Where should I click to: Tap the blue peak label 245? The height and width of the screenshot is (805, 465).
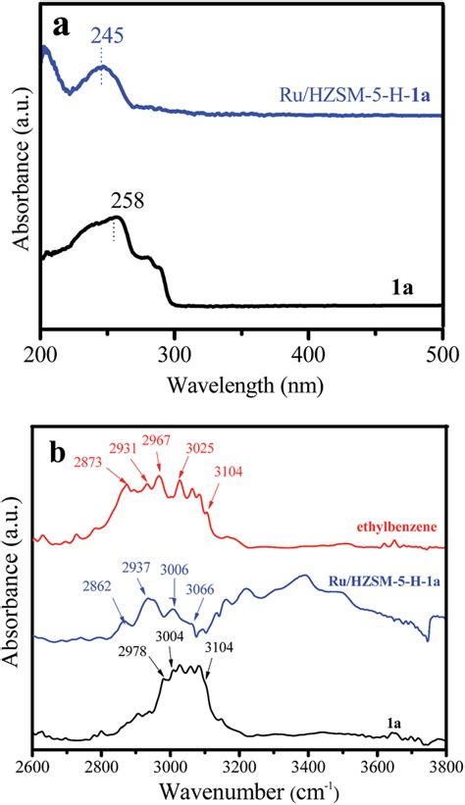click(107, 36)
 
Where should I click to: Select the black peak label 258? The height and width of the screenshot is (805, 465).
click(127, 202)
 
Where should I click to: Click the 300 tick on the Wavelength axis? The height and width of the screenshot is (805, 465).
click(175, 352)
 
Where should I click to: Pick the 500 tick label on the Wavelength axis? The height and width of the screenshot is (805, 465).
click(442, 352)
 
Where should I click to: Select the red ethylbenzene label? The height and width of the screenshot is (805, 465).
click(402, 525)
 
